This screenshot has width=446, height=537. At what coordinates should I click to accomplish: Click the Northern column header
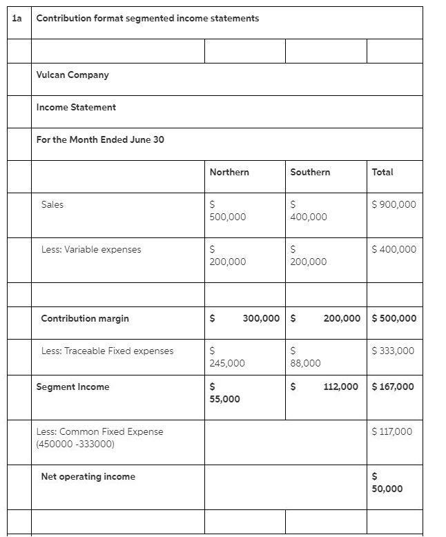[229, 172]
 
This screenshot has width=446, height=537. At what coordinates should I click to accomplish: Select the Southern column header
[310, 172]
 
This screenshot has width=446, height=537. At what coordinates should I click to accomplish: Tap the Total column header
[382, 172]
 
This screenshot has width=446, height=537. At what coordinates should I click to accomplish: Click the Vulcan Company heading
[72, 75]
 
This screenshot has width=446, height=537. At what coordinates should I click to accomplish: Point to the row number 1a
[17, 18]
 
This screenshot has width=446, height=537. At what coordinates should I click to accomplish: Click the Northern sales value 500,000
[227, 217]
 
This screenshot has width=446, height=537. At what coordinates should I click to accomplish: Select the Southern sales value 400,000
[309, 217]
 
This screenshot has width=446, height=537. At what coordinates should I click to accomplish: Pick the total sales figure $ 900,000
[394, 204]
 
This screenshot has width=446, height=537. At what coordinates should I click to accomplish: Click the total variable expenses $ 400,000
[394, 249]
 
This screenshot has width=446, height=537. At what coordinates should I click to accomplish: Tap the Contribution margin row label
[85, 318]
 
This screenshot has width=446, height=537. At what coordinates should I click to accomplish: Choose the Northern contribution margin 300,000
[261, 318]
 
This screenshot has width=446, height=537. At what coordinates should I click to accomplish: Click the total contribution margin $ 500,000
[394, 318]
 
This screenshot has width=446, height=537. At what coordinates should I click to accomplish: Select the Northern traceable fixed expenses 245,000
[227, 363]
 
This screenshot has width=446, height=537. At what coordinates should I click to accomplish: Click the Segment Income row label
[72, 387]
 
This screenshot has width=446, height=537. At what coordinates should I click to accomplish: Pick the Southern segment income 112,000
[340, 387]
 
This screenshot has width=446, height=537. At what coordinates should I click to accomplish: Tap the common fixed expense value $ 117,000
[391, 431]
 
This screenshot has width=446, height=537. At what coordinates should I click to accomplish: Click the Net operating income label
[88, 476]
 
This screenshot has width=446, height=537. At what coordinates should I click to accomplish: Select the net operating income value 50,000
[387, 489]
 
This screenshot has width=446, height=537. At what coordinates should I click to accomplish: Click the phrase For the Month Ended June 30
[100, 139]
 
